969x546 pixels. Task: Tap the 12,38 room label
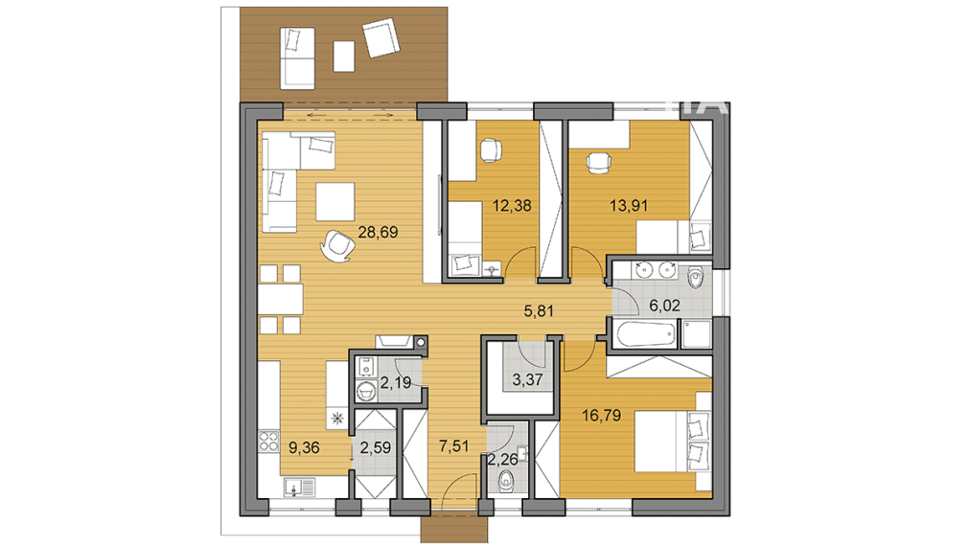tap(510, 204)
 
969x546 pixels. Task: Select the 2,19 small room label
tap(395, 384)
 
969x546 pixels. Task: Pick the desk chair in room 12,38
tap(490, 149)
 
